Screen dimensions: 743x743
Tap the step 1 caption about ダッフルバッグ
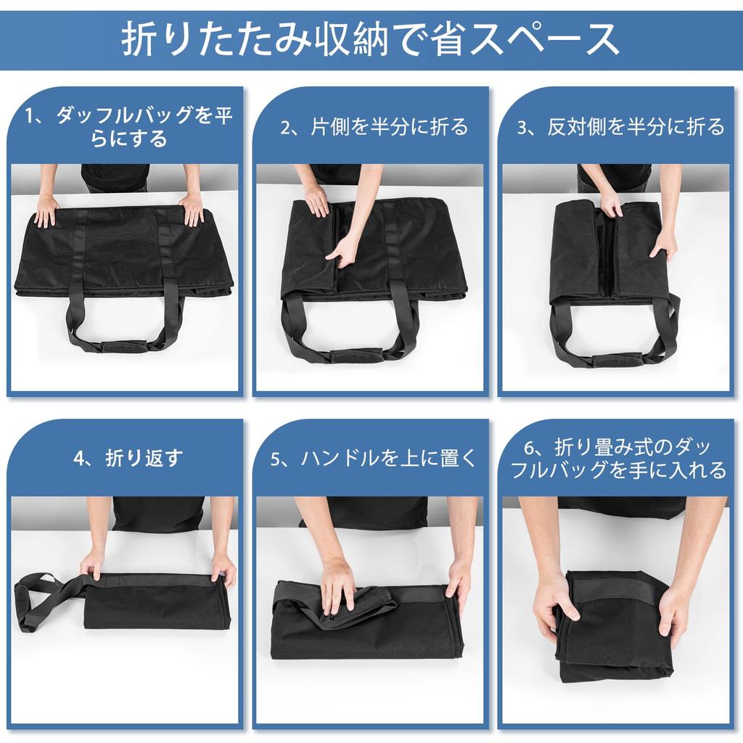click(129, 127)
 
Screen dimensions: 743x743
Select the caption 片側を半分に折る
click(374, 127)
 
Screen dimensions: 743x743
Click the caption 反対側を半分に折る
click(621, 127)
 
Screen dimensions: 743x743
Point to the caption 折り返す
click(128, 458)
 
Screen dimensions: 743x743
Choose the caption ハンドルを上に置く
click(374, 458)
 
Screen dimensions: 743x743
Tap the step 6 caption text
click(619, 458)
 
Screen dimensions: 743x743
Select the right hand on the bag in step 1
click(192, 210)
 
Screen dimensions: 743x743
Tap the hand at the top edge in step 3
click(610, 205)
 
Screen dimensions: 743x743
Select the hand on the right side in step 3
click(667, 242)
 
